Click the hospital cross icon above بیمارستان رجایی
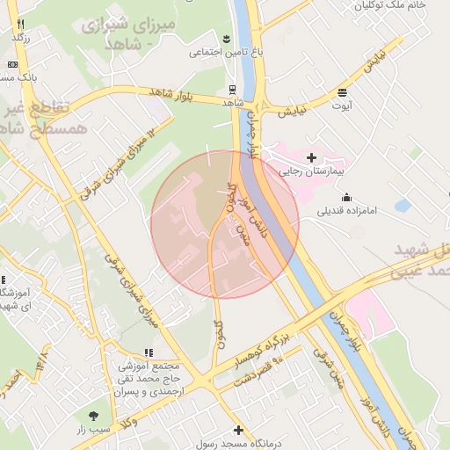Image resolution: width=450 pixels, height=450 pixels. (311, 157)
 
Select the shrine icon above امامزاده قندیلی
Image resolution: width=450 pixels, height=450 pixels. (347, 197)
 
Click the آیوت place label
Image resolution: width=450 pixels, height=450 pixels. (341, 105)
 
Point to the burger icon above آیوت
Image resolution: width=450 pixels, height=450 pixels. (341, 92)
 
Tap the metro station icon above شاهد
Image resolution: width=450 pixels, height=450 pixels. (232, 89)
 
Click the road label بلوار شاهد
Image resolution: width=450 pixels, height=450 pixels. (171, 92)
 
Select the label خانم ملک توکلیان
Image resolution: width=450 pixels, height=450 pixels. (388, 5)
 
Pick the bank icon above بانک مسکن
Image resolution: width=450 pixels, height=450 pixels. (12, 64)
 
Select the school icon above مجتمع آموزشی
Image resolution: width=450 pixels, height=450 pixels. (147, 352)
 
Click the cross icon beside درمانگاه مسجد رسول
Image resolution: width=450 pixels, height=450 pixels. (238, 431)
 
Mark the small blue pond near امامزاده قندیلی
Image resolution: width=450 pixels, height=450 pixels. (403, 206)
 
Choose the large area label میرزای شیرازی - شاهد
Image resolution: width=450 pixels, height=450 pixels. (131, 33)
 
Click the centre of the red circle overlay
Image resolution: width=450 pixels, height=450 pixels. (225, 224)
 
